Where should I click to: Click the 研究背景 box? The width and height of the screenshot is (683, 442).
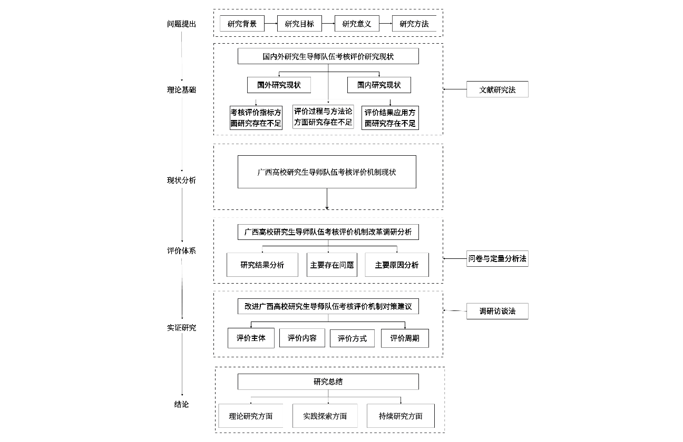tap(242, 24)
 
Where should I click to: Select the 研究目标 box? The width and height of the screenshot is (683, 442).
tap(299, 24)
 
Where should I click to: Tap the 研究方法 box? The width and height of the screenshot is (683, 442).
tap(414, 24)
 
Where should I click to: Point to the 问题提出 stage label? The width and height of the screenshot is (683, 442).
tap(181, 24)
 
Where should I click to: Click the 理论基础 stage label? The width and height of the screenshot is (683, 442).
tap(181, 90)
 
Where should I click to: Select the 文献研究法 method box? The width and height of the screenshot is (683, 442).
tap(497, 90)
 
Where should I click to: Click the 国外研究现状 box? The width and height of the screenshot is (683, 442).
tap(279, 85)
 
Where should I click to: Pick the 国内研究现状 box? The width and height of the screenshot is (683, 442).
tap(379, 85)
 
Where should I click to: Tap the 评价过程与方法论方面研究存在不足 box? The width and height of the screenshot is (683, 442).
tap(323, 117)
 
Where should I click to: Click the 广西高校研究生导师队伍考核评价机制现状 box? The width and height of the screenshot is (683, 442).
tap(327, 172)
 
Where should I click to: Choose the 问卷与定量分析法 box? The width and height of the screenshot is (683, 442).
tap(497, 259)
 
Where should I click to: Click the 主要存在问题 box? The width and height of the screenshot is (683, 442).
tap(332, 265)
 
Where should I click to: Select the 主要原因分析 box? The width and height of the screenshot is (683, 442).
tap(397, 265)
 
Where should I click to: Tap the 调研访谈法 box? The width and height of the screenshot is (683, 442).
tap(497, 311)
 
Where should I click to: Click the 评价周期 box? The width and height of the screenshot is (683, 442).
tap(405, 338)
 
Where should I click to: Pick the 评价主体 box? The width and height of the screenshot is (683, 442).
tap(251, 338)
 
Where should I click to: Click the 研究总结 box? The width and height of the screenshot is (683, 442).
tap(328, 381)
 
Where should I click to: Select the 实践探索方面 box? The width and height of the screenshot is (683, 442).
tap(325, 416)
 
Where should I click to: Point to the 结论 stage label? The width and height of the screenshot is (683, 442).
tap(181, 405)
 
